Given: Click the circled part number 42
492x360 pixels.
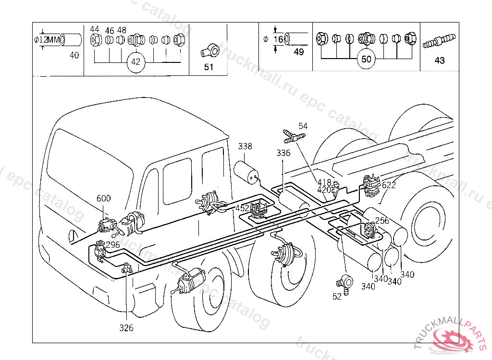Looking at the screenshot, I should click(x=136, y=62).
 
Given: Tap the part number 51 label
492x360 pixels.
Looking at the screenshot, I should click(x=209, y=67).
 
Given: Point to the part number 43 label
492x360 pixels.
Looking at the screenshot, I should click(x=439, y=60).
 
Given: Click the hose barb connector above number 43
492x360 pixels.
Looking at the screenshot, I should click(x=439, y=40).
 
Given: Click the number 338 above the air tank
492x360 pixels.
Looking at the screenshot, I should click(x=245, y=146).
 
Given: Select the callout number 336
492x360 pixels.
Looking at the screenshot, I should click(x=283, y=153).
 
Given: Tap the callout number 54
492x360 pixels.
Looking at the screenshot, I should click(x=303, y=126).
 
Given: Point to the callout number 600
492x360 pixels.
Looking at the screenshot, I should click(x=103, y=198).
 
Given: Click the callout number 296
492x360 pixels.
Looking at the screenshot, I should click(x=113, y=244).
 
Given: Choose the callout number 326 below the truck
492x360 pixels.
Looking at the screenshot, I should click(x=126, y=328).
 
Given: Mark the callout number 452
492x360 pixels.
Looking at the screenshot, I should click(x=242, y=208).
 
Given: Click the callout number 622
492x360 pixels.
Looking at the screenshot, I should click(x=389, y=185).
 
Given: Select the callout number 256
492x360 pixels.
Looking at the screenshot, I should click(x=382, y=221).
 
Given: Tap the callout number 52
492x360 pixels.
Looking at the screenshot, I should click(x=337, y=297).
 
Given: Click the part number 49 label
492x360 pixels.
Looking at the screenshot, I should click(x=298, y=52).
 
